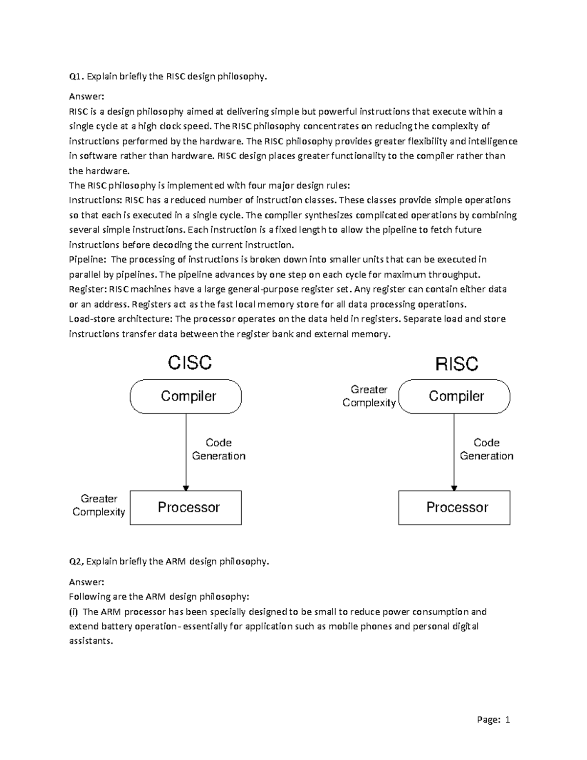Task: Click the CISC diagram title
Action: (x=190, y=363)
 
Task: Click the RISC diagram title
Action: (x=457, y=364)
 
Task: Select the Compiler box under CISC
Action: (x=186, y=396)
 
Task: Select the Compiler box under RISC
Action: (x=454, y=396)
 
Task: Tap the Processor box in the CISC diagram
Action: (x=186, y=507)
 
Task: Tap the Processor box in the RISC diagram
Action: (x=454, y=507)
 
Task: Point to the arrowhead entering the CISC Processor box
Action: (x=186, y=488)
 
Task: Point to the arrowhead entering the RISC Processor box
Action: (x=454, y=488)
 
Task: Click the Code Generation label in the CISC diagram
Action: (x=218, y=449)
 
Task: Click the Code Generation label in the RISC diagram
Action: (x=486, y=449)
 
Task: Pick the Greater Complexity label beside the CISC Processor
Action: (x=99, y=505)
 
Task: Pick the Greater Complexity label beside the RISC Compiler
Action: (x=369, y=396)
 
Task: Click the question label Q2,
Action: (x=76, y=561)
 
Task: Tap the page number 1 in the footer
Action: (x=508, y=719)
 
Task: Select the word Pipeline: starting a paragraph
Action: (x=87, y=259)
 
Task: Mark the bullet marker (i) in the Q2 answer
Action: (x=73, y=611)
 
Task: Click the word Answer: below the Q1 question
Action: (x=87, y=96)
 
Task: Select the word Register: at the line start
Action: (x=88, y=289)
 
